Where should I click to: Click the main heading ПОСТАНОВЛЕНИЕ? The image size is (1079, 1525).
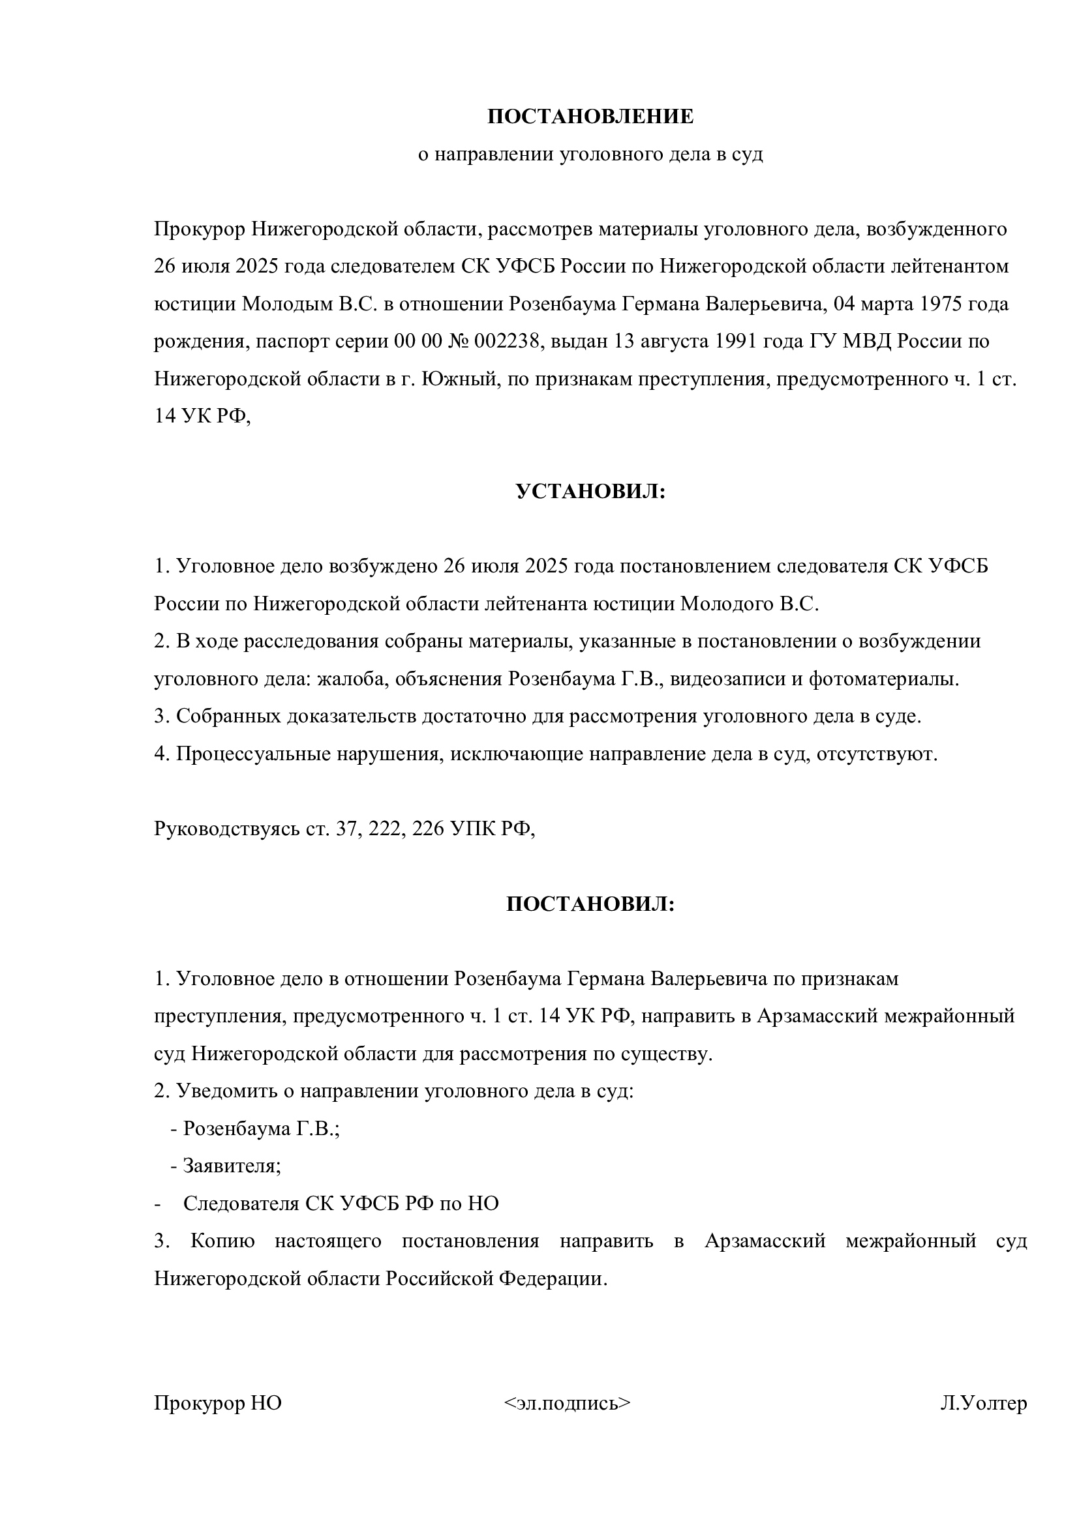[x=590, y=117]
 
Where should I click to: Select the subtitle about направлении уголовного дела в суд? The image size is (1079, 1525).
[x=590, y=155]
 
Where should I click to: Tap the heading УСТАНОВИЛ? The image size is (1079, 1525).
[x=590, y=492]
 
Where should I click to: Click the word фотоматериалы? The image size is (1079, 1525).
[x=884, y=679]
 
